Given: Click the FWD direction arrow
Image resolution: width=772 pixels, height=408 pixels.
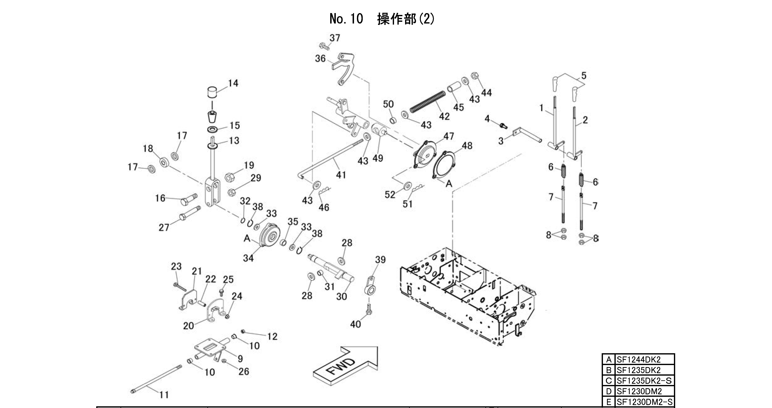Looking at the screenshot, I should coord(345,366).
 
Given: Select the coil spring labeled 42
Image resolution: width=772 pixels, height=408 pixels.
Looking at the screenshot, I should coord(427,102).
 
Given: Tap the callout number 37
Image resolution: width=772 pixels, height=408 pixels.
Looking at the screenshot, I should coord(335,38).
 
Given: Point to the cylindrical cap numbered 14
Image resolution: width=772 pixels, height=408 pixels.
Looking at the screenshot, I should coord(212,92).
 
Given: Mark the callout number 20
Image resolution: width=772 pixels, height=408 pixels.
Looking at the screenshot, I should coord(189,326).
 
